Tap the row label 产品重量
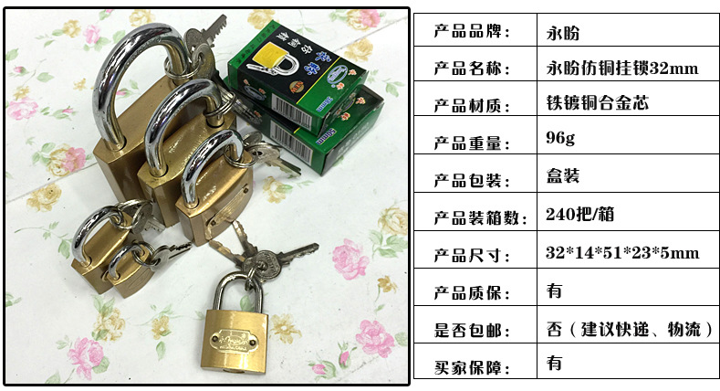click(x=471, y=140)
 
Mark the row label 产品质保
click(x=471, y=291)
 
